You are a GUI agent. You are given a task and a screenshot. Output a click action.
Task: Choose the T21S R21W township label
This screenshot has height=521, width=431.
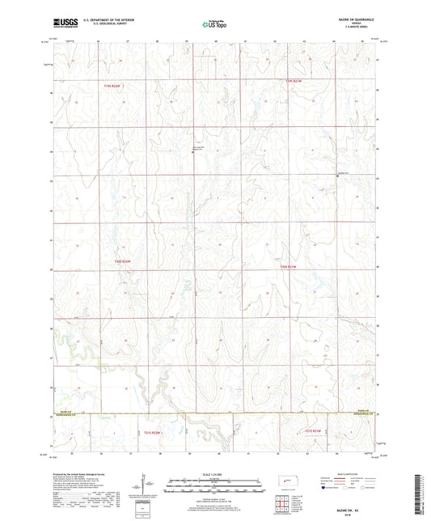314,430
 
